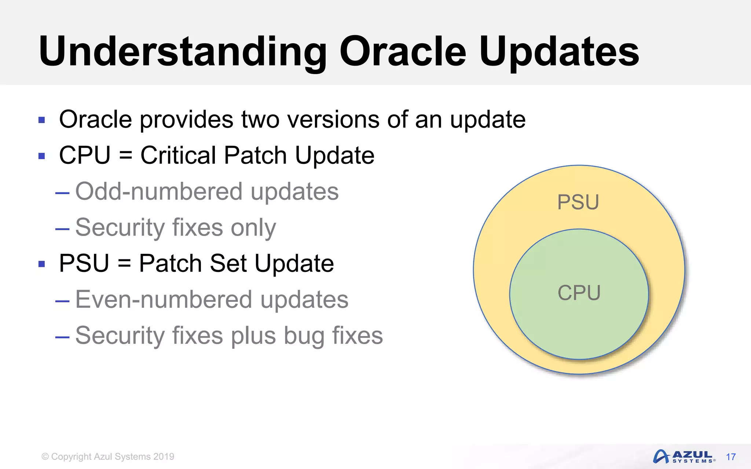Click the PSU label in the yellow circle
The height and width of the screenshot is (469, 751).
(x=578, y=202)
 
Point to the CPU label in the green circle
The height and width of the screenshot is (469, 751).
(x=579, y=293)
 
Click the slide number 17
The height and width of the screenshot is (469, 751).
(x=730, y=457)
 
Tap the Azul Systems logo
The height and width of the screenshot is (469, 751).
(x=684, y=457)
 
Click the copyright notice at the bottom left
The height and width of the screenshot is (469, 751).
(x=108, y=457)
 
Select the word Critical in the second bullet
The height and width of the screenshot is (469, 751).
(x=178, y=155)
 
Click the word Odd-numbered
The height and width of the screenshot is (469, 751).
(x=158, y=191)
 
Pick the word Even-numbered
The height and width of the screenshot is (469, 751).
(x=163, y=299)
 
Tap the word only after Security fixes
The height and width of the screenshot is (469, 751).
(x=253, y=227)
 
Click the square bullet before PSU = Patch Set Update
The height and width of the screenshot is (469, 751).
(x=42, y=264)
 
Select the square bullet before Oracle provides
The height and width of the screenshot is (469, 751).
(x=42, y=120)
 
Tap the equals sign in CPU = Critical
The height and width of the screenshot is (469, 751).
(x=125, y=156)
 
